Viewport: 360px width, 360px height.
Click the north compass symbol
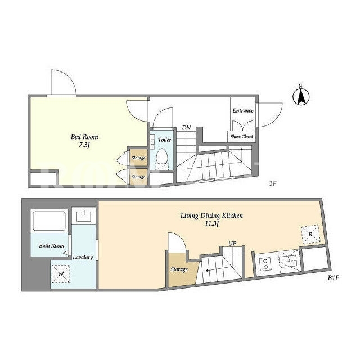pyautogui.click(x=301, y=96)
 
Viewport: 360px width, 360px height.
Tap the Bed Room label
pyautogui.click(x=84, y=137)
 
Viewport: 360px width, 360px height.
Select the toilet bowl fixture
pyautogui.click(x=161, y=156)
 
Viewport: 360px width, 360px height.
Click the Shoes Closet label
pyautogui.click(x=241, y=136)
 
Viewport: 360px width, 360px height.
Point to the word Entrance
pyautogui.click(x=243, y=110)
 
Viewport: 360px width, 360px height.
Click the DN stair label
pyautogui.click(x=186, y=128)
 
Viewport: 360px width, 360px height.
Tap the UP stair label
pyautogui.click(x=232, y=243)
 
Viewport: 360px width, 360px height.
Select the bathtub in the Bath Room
pyautogui.click(x=49, y=220)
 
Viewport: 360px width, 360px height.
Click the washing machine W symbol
pyautogui.click(x=61, y=274)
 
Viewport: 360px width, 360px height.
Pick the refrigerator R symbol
pyautogui.click(x=310, y=234)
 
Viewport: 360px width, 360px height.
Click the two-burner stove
pyautogui.click(x=265, y=264)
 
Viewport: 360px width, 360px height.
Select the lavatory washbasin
pyautogui.click(x=84, y=216)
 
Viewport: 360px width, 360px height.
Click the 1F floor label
pyautogui.click(x=272, y=184)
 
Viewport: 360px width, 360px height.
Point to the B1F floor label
pyautogui.click(x=334, y=278)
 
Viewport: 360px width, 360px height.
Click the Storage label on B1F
pyautogui.click(x=179, y=269)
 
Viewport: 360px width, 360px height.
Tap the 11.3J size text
pyautogui.click(x=211, y=224)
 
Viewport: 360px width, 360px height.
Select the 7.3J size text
pyautogui.click(x=84, y=145)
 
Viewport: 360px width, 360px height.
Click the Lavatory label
pyautogui.click(x=83, y=257)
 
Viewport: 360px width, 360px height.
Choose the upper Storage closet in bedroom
pyautogui.click(x=138, y=157)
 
